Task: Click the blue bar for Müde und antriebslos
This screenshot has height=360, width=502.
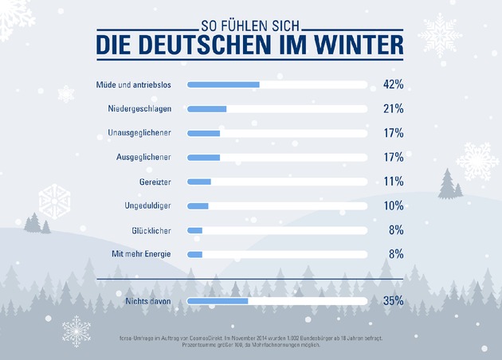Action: [224, 84]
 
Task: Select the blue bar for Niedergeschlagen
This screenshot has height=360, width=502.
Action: [207, 108]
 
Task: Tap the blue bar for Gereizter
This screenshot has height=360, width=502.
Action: [199, 182]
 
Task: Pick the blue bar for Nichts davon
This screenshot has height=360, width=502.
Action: [218, 301]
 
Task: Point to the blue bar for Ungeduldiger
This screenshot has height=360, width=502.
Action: [198, 206]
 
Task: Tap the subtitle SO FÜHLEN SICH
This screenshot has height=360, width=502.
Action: [250, 24]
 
